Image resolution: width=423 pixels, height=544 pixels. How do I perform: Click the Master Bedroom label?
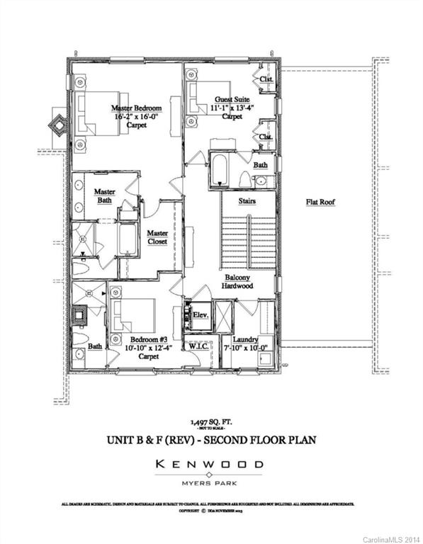[136, 108]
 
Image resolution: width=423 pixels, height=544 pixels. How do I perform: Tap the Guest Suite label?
[227, 100]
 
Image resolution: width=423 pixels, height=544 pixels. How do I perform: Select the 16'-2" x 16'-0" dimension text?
[136, 117]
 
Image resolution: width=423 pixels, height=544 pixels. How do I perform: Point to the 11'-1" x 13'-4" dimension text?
[227, 108]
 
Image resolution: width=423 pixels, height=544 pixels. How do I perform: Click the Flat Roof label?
[320, 202]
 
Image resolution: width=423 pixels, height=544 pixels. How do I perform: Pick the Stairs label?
[247, 201]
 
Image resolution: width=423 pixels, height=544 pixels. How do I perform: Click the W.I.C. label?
[197, 346]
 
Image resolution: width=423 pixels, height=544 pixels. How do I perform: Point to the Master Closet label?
[157, 237]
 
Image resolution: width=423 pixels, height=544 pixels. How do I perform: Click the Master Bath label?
[105, 195]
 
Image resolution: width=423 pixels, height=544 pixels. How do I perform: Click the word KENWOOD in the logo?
[211, 465]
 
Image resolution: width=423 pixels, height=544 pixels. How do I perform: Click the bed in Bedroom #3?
[135, 313]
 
